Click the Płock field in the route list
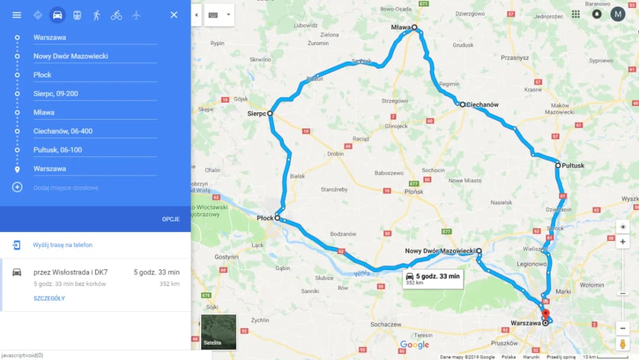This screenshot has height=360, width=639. (x=95, y=75)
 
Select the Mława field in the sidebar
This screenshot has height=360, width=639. (x=95, y=112)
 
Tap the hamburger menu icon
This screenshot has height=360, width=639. (x=17, y=15)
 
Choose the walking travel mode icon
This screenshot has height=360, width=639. (x=96, y=15)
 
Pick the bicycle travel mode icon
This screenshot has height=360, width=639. (x=117, y=15)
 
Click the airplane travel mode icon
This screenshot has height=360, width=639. (x=137, y=15)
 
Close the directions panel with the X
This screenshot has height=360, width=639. (x=174, y=15)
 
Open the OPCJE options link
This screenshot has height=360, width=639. (x=171, y=219)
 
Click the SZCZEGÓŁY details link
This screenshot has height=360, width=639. (x=49, y=298)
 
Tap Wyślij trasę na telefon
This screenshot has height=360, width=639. (x=63, y=245)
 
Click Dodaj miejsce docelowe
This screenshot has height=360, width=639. (x=66, y=188)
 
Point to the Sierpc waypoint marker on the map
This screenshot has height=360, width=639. (x=270, y=112)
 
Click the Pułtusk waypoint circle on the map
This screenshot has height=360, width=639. (x=557, y=165)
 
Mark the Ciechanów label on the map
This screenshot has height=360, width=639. (x=482, y=105)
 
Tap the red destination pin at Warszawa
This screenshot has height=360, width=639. (x=546, y=314)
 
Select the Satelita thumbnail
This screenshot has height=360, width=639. (x=218, y=332)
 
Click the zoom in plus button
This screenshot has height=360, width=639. (x=622, y=242)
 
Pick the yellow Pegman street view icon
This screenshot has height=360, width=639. (x=622, y=343)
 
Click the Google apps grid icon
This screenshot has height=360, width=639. (x=576, y=14)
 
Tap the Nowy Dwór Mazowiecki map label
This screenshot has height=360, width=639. (x=440, y=251)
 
